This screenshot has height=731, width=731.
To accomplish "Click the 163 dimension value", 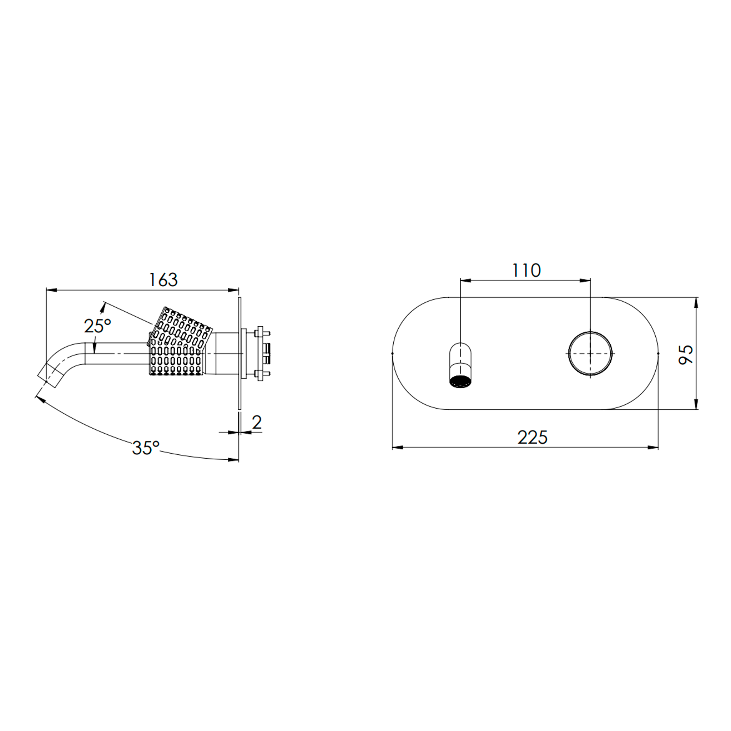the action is pos(163,279).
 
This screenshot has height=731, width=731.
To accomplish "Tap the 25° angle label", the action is pos(97,326).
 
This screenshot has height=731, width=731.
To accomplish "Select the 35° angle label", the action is pos(146,448).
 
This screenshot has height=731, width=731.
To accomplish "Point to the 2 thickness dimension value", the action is pos(257,422).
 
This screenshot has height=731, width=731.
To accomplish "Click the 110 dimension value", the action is pos(526,271).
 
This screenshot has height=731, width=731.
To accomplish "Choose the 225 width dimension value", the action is pos(532,438).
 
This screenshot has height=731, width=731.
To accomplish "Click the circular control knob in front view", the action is pos(590,353).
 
